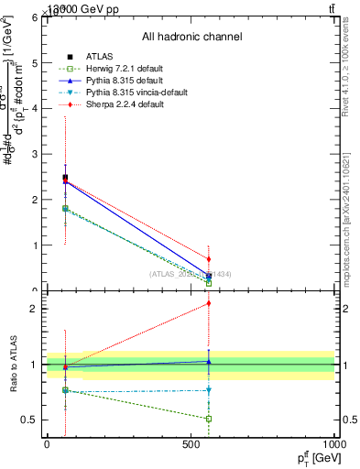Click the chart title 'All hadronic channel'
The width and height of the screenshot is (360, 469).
click(x=191, y=37)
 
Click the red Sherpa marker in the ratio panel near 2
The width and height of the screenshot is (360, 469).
click(x=209, y=303)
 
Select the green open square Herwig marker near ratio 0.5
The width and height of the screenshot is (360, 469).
click(x=209, y=419)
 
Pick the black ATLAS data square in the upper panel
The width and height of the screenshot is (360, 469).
click(x=65, y=178)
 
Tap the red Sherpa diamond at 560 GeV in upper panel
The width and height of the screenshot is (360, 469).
click(x=209, y=259)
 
